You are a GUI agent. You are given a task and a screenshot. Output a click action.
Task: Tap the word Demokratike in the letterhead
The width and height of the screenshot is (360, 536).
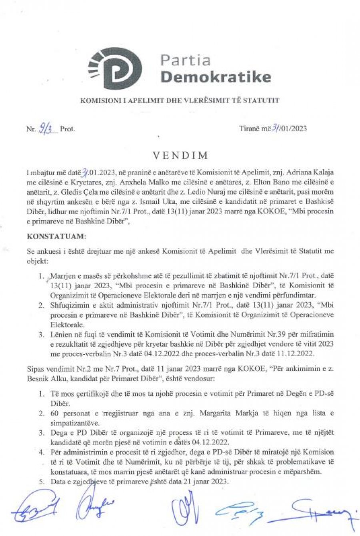tap(216, 76)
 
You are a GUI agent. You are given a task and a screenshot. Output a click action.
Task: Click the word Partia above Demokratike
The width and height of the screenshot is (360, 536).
tap(185, 60)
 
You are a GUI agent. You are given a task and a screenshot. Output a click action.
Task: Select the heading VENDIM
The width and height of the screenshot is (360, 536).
tap(180, 155)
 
